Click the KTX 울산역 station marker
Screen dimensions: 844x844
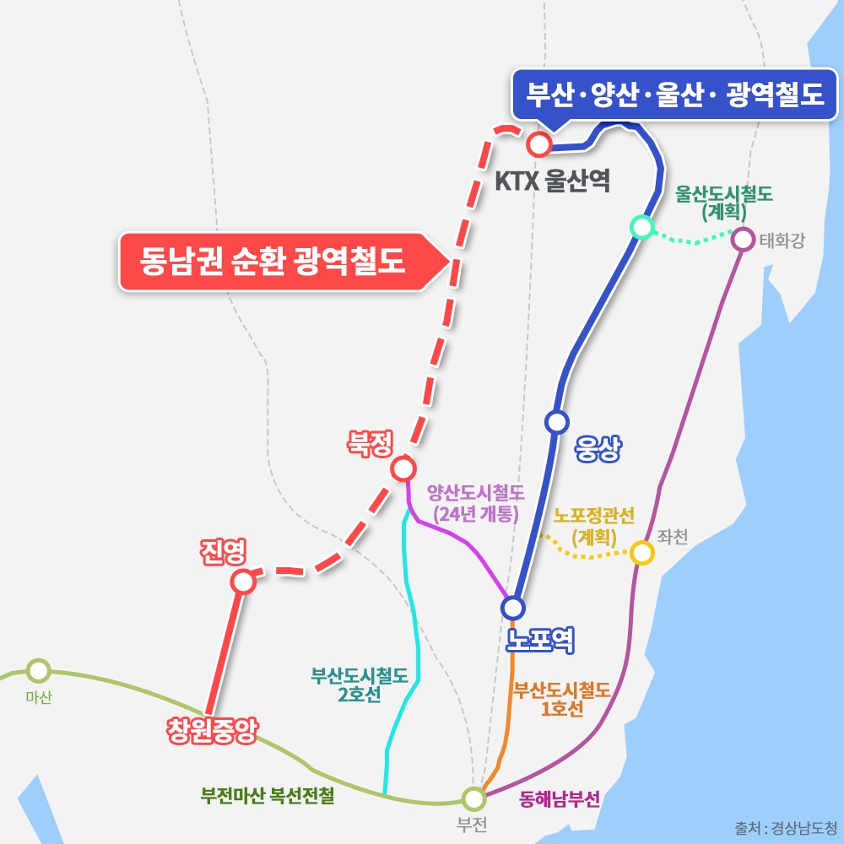click(538, 144)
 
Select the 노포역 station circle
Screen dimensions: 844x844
click(512, 607)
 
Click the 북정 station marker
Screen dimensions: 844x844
click(403, 468)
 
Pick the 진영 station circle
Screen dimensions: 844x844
click(243, 582)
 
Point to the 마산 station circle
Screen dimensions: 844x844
click(38, 671)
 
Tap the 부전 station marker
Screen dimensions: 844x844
click(473, 798)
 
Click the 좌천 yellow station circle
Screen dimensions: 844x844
click(642, 553)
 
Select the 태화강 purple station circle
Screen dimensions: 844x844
click(743, 239)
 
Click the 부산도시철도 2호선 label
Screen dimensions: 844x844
click(360, 684)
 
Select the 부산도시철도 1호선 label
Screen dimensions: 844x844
click(562, 699)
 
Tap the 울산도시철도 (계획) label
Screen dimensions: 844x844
click(724, 203)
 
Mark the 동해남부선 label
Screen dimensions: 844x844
click(560, 798)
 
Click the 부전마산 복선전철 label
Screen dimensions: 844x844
click(268, 796)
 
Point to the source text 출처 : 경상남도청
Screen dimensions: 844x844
click(786, 827)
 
